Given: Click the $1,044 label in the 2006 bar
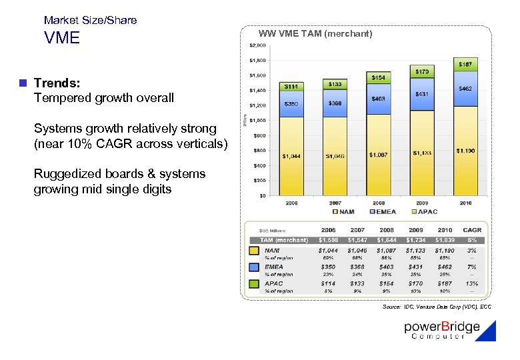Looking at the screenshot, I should click(291, 156).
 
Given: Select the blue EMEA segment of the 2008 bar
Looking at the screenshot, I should click(378, 98).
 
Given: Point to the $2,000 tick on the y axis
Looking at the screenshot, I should click(257, 45).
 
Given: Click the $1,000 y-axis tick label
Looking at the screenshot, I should click(257, 121).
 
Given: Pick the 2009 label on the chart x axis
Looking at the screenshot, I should click(421, 203).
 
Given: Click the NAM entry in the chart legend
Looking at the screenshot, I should click(344, 212).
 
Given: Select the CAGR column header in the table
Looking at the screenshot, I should click(472, 230).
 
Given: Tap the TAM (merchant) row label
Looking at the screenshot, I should click(283, 240).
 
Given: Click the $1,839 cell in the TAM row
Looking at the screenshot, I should click(445, 240).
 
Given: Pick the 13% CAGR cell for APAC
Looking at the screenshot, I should click(472, 283).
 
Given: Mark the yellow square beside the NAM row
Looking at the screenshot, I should click(253, 251).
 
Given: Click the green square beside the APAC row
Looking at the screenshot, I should click(253, 284).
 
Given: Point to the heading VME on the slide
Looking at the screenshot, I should click(62, 38).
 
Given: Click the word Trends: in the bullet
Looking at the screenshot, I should click(57, 83).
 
